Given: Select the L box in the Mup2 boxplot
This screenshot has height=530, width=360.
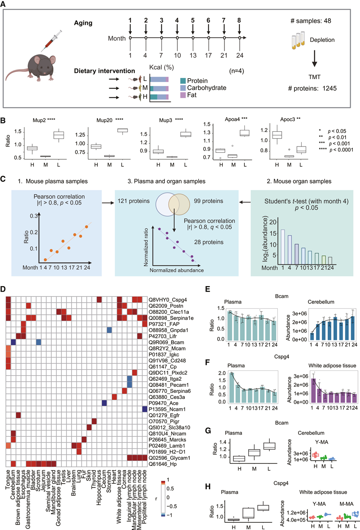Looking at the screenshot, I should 58,135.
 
